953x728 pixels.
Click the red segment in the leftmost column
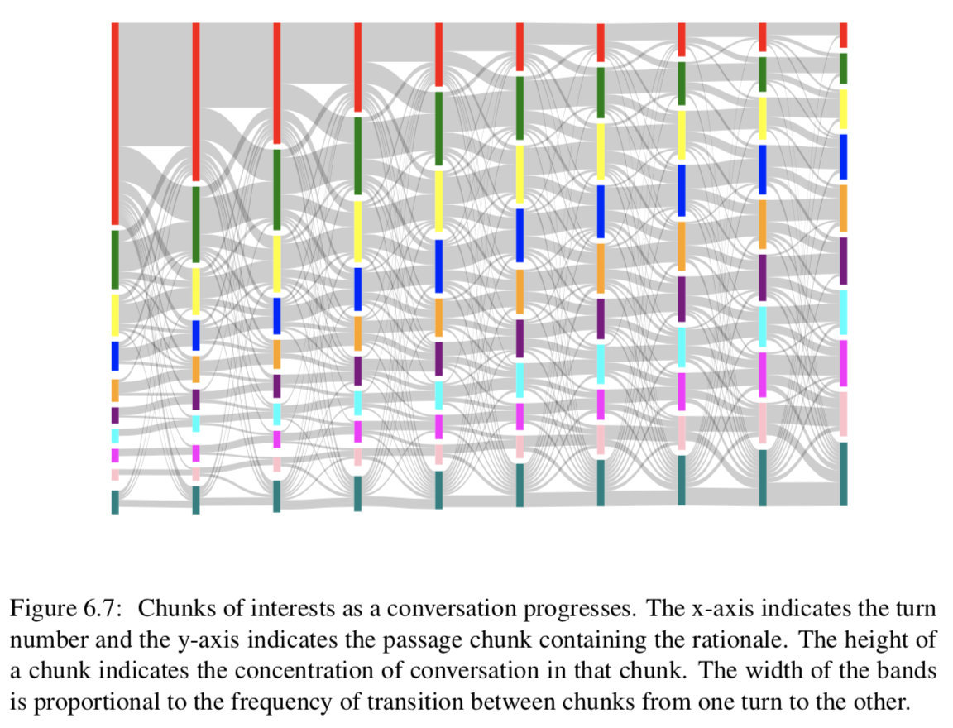(115, 124)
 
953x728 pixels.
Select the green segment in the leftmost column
(115, 259)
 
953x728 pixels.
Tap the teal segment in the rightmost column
(843, 473)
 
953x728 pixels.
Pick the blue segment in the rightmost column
(843, 156)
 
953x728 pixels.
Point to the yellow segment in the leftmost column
(115, 314)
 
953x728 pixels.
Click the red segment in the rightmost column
(843, 35)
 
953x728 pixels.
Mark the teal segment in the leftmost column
(115, 502)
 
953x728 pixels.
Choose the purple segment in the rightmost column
(843, 261)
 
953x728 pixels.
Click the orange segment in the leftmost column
(115, 390)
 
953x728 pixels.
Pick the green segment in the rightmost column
(843, 69)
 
